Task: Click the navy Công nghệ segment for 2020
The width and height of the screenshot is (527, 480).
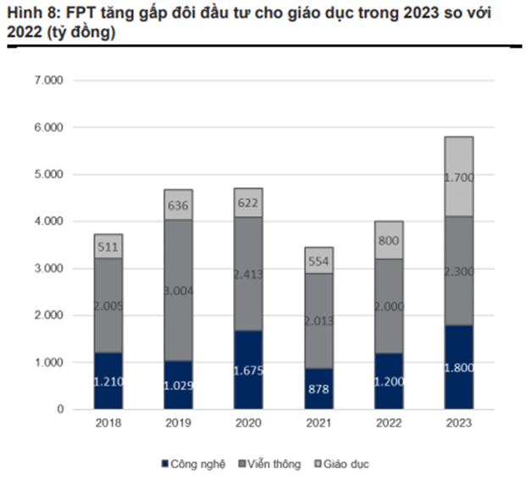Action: click(248, 370)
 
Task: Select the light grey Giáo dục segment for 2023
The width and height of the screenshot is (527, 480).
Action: click(458, 176)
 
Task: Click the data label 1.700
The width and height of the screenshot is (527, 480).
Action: click(458, 178)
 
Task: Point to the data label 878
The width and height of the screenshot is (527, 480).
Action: click(319, 391)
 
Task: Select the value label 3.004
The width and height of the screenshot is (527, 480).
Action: click(178, 292)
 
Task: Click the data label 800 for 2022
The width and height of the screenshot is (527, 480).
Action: click(388, 241)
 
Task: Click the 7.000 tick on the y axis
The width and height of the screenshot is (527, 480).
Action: click(50, 81)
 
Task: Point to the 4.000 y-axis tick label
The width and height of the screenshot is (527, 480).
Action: click(50, 221)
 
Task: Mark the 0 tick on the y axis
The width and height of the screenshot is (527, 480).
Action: click(59, 410)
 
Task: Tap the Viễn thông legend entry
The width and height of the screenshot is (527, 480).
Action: click(269, 464)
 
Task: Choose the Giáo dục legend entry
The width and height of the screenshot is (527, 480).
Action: click(344, 464)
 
